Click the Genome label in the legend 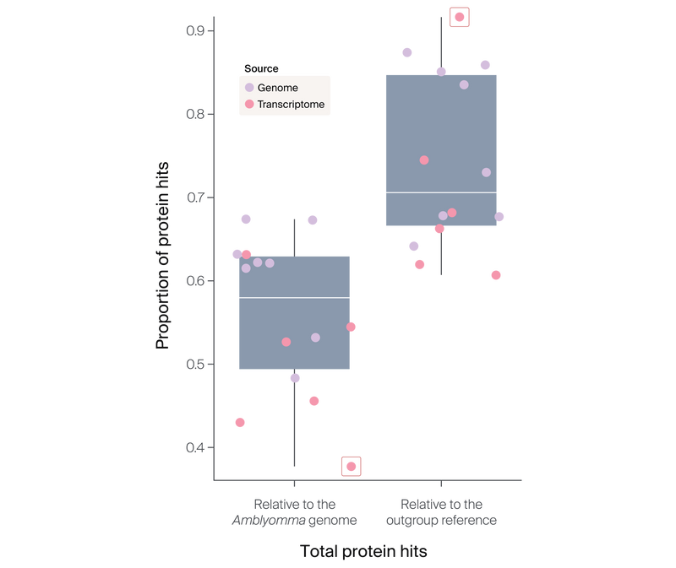tap(277, 88)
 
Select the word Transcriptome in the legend tap(291, 105)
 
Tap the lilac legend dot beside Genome tap(249, 88)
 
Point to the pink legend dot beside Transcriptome tap(249, 105)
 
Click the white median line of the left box tap(294, 298)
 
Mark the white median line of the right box tap(441, 193)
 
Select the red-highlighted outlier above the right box tap(459, 17)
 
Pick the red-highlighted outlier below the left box tap(352, 466)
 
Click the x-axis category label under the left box tap(294, 513)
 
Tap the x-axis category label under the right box tap(441, 513)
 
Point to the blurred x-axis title tap(364, 552)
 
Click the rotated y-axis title tap(163, 253)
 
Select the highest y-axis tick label tap(195, 30)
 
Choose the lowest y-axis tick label tap(195, 446)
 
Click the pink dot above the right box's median tap(424, 160)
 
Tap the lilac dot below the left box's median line tap(315, 338)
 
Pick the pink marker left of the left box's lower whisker tap(240, 422)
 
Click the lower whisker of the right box tap(441, 253)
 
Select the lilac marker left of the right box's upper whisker tap(406, 52)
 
